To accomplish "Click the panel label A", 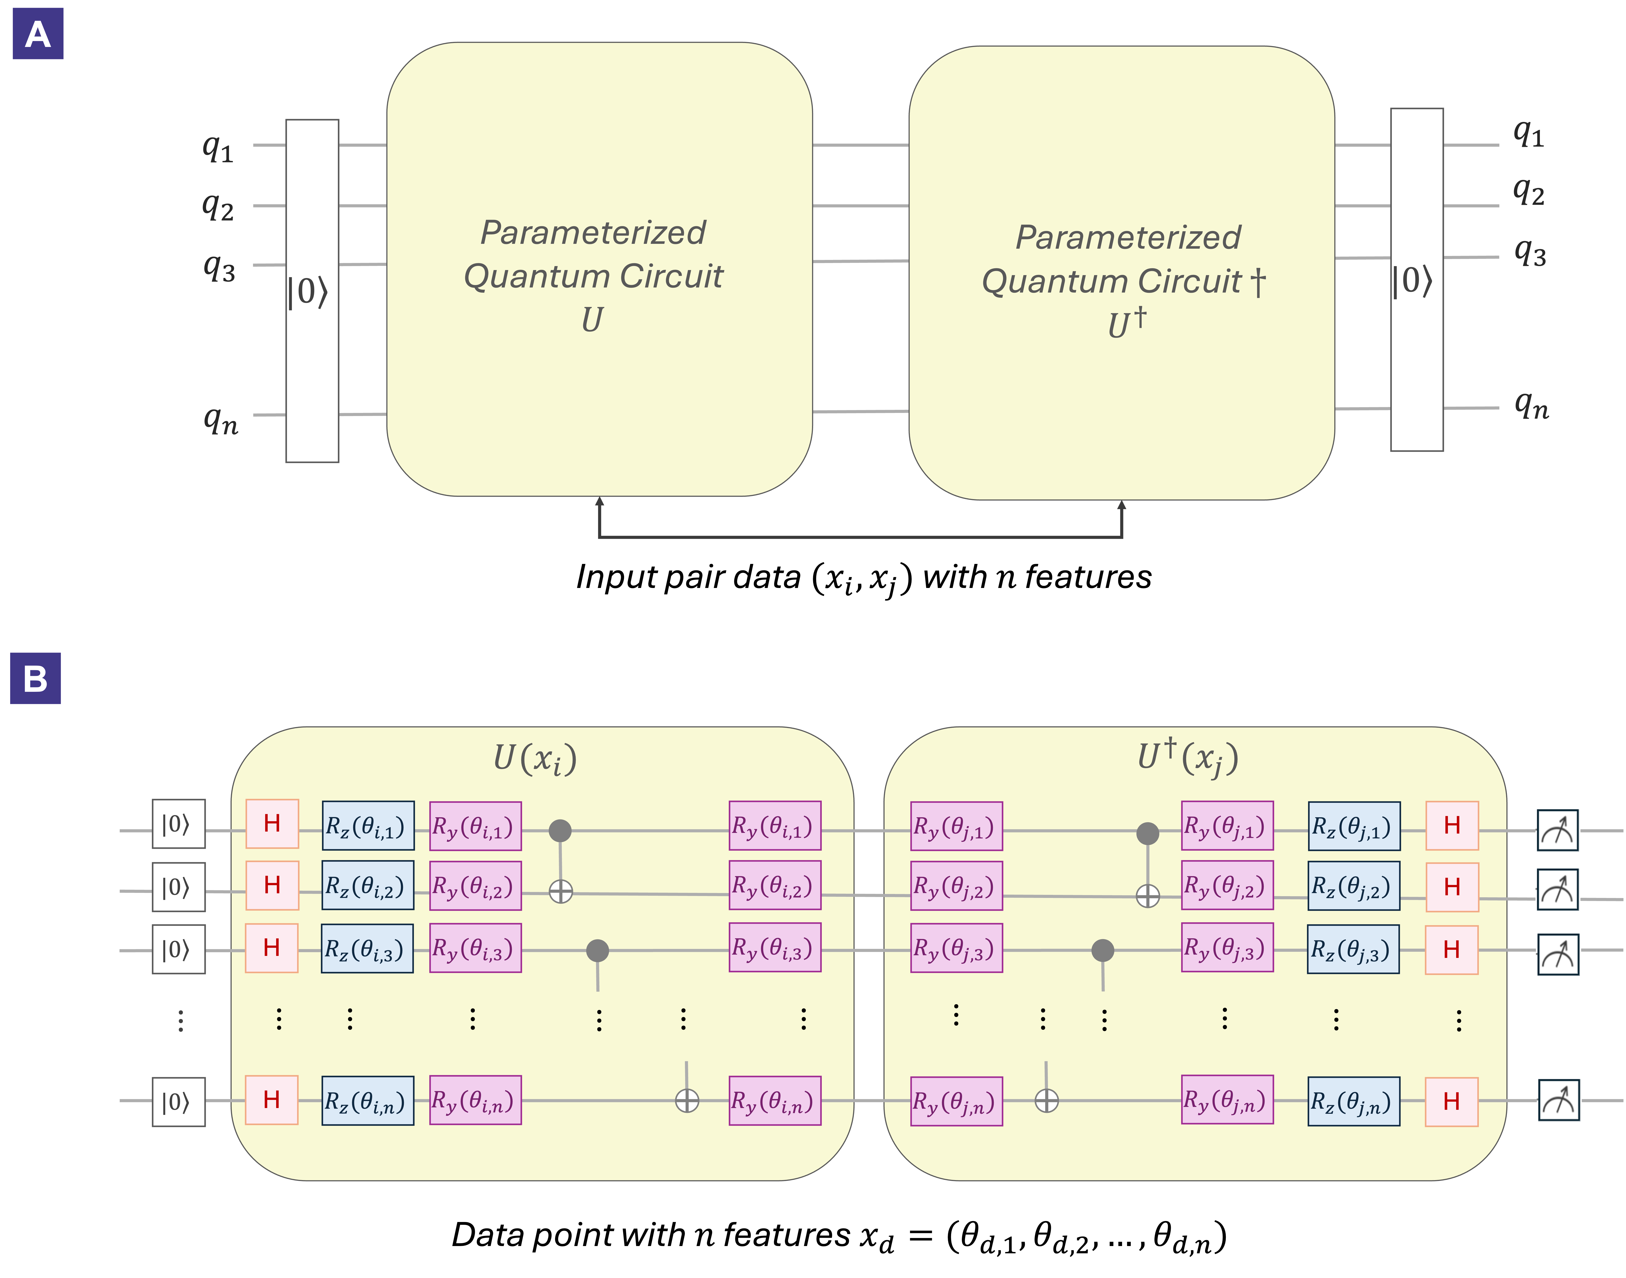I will pyautogui.click(x=37, y=34).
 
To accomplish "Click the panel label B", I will pyautogui.click(x=35, y=679).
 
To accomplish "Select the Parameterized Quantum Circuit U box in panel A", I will pyautogui.click(x=599, y=269).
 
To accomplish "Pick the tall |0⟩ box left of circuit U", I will pyautogui.click(x=312, y=291).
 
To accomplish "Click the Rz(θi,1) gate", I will pyautogui.click(x=367, y=826).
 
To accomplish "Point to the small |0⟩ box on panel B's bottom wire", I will pyautogui.click(x=178, y=1101).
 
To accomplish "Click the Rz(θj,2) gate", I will pyautogui.click(x=1353, y=887).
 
